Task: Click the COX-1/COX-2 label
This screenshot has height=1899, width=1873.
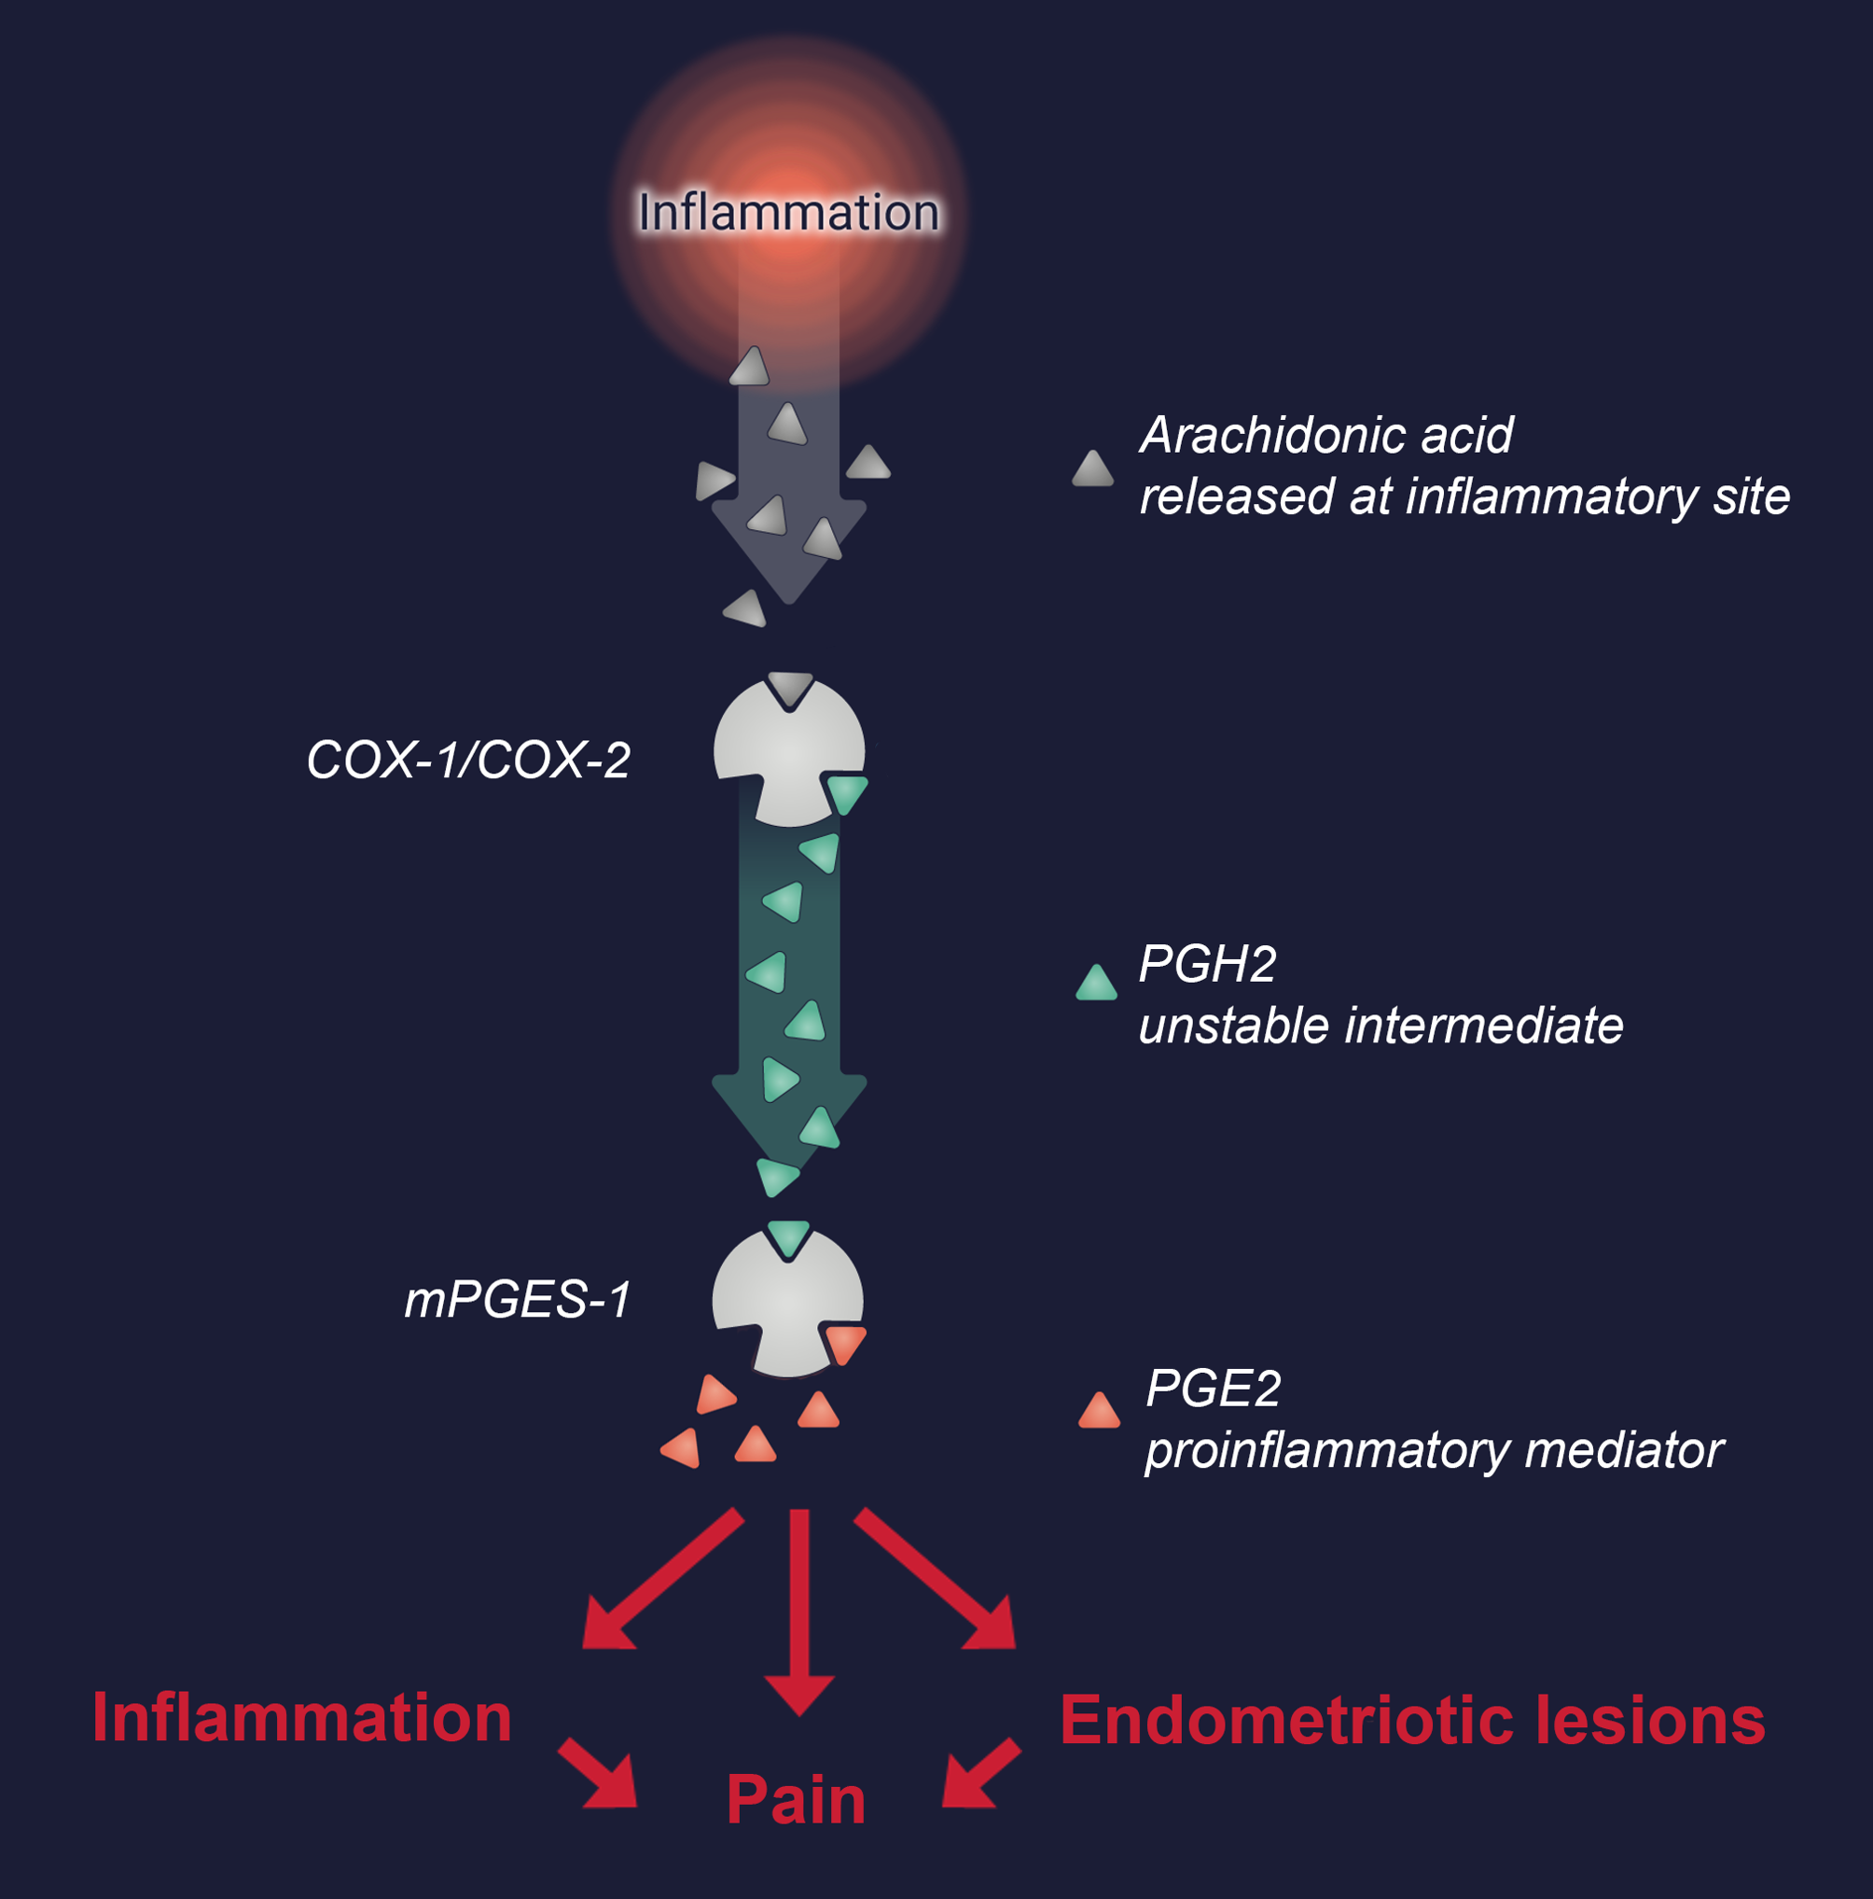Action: click(467, 760)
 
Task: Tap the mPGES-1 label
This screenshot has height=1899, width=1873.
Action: click(517, 1301)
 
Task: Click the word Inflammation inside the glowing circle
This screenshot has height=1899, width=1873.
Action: click(789, 213)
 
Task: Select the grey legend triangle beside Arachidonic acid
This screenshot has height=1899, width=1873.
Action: click(1093, 468)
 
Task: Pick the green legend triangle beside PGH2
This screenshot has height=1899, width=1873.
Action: click(1097, 983)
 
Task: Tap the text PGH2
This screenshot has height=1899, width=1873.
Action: click(1208, 964)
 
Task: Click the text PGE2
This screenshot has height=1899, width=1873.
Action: click(1214, 1389)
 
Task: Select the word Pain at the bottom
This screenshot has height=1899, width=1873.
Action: click(796, 1801)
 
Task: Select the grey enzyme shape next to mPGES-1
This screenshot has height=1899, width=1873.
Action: click(788, 1303)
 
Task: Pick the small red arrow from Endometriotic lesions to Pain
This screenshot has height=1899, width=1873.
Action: click(980, 1774)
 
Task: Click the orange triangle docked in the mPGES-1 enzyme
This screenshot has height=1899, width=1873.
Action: click(844, 1344)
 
